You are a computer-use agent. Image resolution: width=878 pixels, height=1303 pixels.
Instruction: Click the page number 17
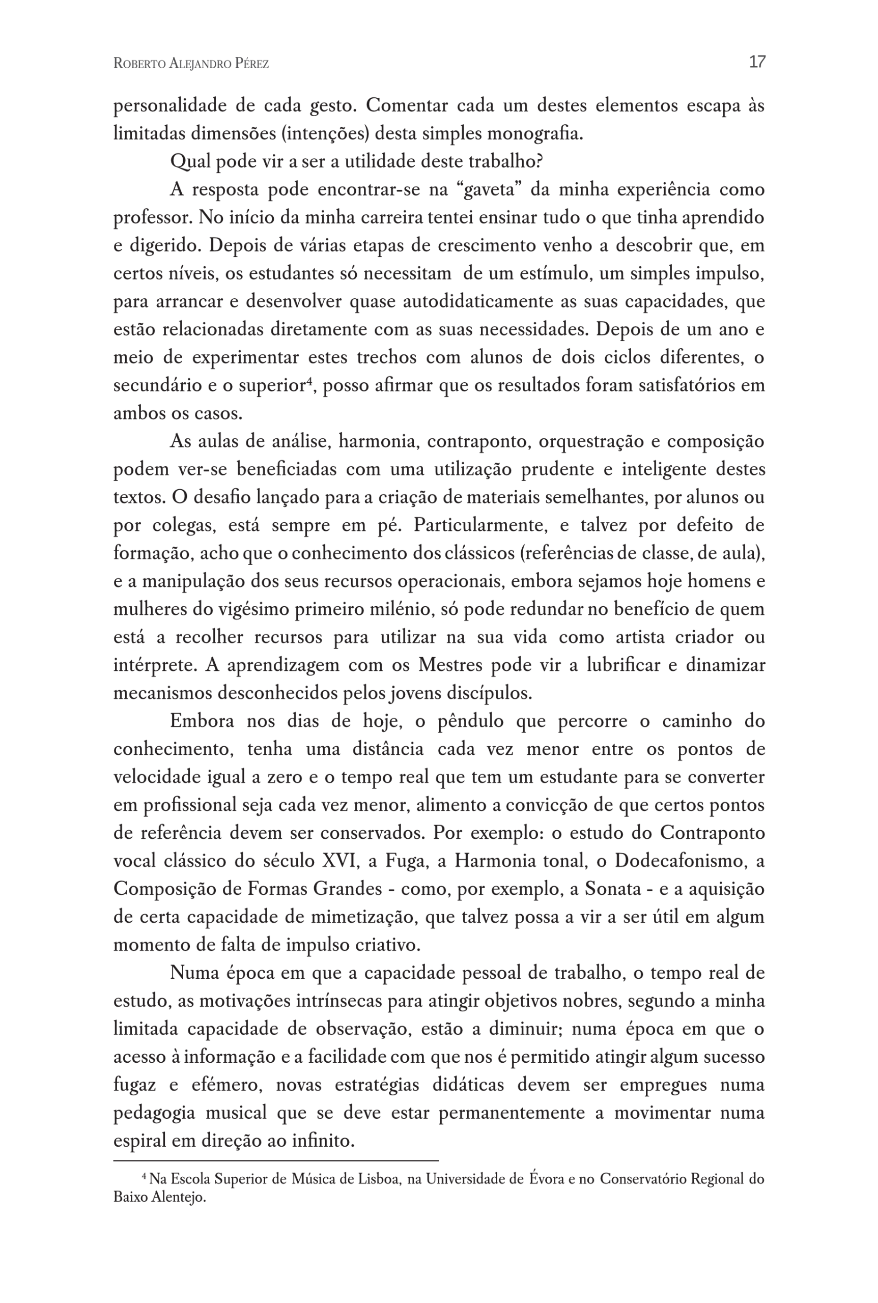(x=757, y=62)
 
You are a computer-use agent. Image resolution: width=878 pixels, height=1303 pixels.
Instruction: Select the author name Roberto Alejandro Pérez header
(x=191, y=64)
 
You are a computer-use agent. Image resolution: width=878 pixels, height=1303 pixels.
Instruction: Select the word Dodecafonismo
(x=680, y=861)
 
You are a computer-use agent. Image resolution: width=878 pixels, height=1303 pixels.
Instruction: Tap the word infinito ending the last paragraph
(x=324, y=1141)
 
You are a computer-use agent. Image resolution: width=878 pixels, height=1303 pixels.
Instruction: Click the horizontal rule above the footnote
(x=275, y=1162)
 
